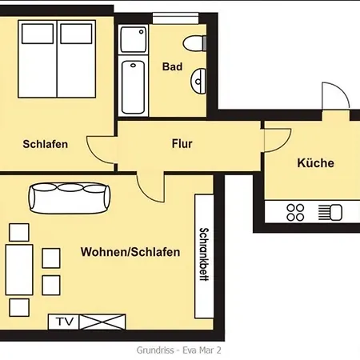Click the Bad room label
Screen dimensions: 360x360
pos(172,67)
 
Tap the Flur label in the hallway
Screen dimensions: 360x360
pos(182,145)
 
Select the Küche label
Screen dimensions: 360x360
pos(315,163)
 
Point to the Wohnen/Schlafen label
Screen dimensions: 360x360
pos(130,252)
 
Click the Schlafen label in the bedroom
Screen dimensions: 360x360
pos(45,145)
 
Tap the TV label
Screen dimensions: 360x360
pos(64,322)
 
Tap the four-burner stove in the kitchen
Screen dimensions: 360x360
pos(295,212)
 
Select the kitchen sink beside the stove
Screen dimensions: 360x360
pos(329,212)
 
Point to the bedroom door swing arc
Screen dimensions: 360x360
pos(102,149)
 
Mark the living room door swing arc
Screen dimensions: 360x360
pos(150,188)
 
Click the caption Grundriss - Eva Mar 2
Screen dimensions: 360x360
pos(179,350)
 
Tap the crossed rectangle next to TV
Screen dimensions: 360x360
pos(103,322)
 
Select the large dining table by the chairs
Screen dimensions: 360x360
pos(19,270)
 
